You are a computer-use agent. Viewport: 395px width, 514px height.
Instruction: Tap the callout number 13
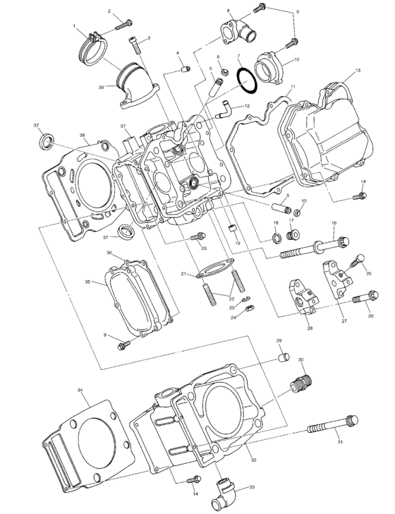pyautogui.click(x=358, y=71)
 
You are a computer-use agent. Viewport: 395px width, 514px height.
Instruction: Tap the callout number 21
pyautogui.click(x=182, y=274)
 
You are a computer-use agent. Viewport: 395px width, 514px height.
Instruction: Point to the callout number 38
pyautogui.click(x=82, y=135)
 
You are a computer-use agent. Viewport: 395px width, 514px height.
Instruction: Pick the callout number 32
pyautogui.click(x=253, y=460)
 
